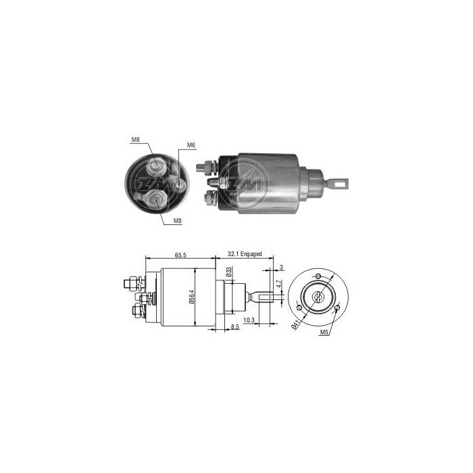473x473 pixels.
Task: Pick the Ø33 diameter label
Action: coord(228,272)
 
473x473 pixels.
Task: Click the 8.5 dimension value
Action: coord(234,328)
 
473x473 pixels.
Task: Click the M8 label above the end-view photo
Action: coord(135,140)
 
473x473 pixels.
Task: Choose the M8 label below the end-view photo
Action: coord(178,220)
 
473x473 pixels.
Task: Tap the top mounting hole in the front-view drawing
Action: coord(318,277)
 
